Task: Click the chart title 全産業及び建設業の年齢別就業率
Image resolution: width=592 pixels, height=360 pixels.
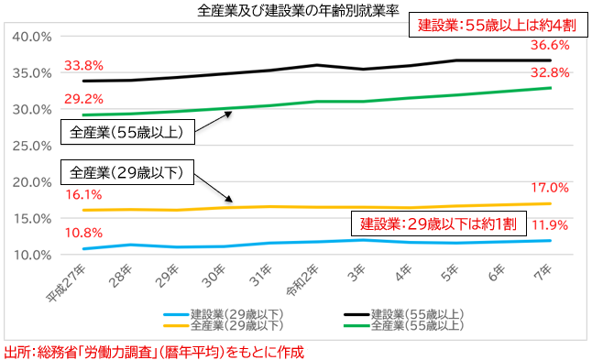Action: [298, 11]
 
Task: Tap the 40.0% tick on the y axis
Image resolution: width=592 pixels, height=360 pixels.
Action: [32, 37]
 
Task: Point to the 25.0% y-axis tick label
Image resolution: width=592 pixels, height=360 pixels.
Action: [32, 146]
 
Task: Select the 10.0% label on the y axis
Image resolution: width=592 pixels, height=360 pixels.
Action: [32, 255]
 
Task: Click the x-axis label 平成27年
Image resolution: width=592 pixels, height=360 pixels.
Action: [67, 283]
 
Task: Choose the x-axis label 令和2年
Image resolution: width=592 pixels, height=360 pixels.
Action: [302, 280]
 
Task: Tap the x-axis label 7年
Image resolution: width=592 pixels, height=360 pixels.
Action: [543, 272]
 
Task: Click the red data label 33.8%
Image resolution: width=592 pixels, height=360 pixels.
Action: [83, 66]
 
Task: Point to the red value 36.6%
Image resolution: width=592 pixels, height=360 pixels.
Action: [550, 45]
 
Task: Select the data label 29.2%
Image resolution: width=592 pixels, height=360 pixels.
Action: [83, 99]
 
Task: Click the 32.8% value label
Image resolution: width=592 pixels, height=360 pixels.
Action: [550, 72]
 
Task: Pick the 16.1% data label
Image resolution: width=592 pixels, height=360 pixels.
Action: [83, 195]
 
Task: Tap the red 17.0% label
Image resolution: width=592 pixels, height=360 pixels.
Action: [550, 188]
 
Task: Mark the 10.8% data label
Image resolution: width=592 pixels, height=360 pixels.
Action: [83, 233]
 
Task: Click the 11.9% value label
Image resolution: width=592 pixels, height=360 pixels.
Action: [550, 225]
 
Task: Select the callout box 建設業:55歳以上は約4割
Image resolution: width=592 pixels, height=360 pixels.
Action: [498, 26]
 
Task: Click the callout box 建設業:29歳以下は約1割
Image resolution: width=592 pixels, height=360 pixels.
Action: [439, 224]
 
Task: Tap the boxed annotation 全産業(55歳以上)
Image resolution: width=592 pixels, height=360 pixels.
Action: [127, 132]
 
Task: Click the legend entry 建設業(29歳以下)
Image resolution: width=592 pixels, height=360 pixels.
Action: [224, 314]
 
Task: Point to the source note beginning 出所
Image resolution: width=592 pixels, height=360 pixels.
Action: [154, 352]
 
